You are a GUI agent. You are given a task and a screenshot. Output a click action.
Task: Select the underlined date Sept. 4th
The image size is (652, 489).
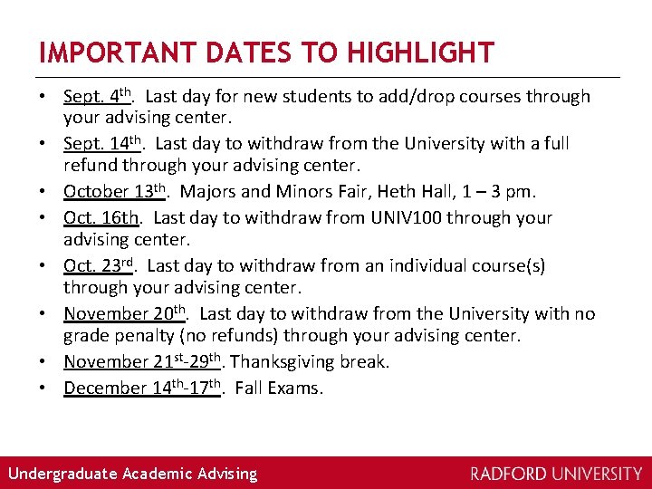coord(99,96)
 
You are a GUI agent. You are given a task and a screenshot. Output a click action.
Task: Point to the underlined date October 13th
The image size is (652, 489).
coord(115,191)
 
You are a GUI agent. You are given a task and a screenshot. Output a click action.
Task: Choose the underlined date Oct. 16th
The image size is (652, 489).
coord(102,217)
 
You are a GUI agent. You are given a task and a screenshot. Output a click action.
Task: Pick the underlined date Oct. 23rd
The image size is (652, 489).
coord(99,265)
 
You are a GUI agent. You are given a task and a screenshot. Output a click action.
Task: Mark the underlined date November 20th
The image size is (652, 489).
coord(125,313)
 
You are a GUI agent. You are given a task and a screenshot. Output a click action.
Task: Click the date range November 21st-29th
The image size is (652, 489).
coord(144,361)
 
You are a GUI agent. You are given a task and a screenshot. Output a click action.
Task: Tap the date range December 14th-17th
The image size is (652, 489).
coord(143,388)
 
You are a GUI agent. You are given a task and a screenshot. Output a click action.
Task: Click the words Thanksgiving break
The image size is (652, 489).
coord(311,361)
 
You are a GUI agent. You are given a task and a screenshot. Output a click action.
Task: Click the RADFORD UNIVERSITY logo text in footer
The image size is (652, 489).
coord(556,474)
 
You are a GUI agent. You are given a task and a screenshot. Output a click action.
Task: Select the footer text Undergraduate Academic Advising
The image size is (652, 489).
coord(132,474)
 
